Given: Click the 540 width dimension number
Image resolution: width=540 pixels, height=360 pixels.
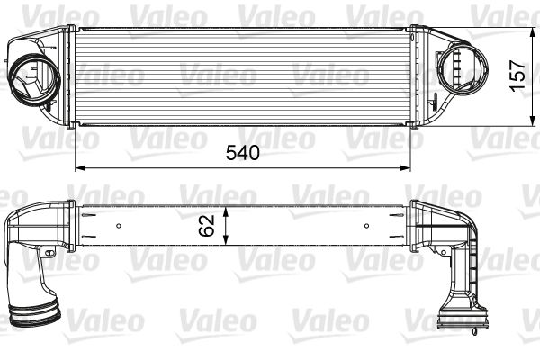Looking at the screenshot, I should [x=242, y=152].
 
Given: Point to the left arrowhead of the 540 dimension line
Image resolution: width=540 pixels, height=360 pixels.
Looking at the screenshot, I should [x=77, y=166].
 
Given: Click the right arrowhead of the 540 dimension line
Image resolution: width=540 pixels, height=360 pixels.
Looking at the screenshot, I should [x=407, y=166].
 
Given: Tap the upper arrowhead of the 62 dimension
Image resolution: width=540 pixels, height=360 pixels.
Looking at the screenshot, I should [x=227, y=206].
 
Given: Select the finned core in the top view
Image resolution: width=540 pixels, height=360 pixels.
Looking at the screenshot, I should [x=242, y=76].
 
